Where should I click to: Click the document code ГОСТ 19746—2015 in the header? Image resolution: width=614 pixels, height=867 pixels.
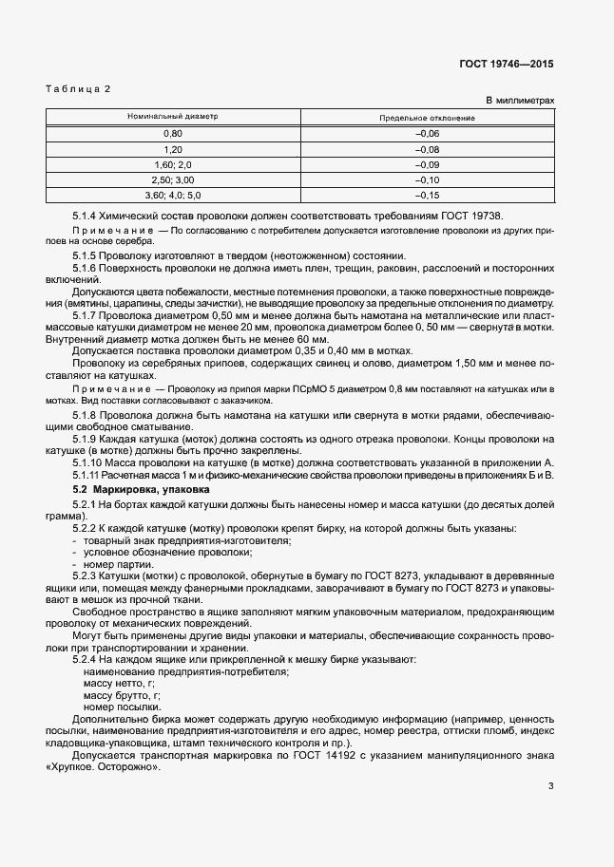pos(506,65)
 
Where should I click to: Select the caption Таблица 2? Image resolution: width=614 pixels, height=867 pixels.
pos(79,88)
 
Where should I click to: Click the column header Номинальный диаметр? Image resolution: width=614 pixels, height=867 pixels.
pos(173,117)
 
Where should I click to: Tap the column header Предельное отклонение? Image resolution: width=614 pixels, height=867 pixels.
pos(428,118)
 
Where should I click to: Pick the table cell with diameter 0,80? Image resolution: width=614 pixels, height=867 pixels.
pos(173,134)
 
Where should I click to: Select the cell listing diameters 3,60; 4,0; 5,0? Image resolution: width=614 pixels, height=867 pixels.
pos(173,195)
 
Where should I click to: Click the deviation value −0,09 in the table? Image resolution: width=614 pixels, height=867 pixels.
pos(428,164)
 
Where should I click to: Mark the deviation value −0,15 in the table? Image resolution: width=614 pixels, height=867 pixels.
pos(428,195)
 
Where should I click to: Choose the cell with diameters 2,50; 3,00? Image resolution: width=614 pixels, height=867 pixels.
pos(173,179)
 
